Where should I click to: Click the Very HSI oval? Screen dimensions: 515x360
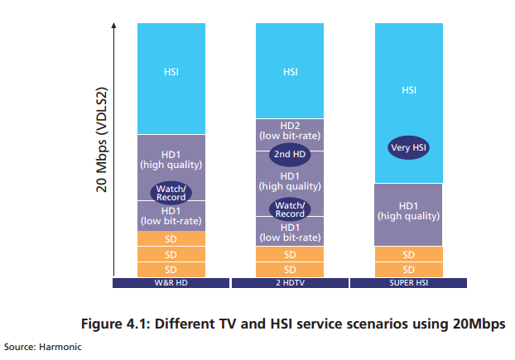coord(408,147)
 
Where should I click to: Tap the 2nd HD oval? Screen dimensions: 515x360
coord(290,154)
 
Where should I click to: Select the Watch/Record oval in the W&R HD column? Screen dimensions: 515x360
coord(171,193)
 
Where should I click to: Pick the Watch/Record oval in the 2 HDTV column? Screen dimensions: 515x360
coord(290,209)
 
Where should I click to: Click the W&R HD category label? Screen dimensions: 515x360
coord(171,283)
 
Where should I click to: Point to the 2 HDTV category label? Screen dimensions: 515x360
coord(290,283)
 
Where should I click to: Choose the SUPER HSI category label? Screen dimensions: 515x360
coord(408,283)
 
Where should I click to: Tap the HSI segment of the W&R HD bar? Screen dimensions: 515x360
coord(171,79)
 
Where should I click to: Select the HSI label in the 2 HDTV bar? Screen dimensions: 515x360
coord(291,72)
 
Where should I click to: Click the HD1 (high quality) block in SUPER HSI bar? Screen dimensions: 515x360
coord(408,214)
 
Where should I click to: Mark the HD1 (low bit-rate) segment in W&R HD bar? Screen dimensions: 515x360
coord(171,216)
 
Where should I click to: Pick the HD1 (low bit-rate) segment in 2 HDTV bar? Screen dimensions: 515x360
coord(290,232)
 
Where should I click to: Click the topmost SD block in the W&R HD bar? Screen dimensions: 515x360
coord(171,238)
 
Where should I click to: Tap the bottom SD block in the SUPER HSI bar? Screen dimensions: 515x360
coord(408,270)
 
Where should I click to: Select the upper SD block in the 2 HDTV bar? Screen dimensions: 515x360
coord(290,254)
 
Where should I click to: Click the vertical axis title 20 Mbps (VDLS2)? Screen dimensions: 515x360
coord(102,140)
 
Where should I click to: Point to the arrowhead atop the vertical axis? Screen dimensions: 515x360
coord(114,26)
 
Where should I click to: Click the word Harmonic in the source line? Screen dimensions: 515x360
coord(60,347)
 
